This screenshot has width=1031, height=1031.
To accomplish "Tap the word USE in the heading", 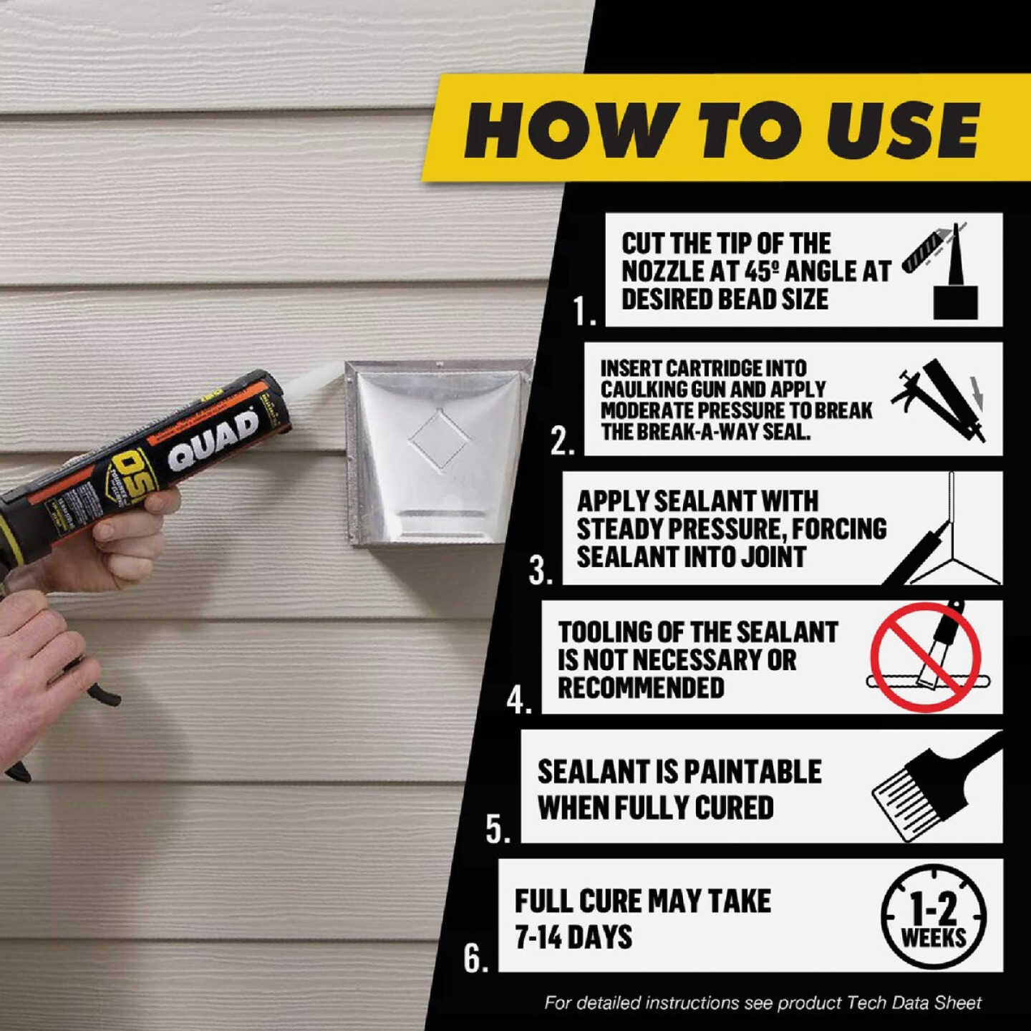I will (902, 130).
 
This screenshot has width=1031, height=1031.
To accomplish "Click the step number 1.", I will (583, 312).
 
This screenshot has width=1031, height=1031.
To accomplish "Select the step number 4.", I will (518, 700).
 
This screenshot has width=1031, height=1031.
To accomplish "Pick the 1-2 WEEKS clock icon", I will (933, 917).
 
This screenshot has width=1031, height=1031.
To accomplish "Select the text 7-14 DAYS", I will (573, 937).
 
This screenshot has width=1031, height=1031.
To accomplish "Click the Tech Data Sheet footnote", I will (763, 1003).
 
